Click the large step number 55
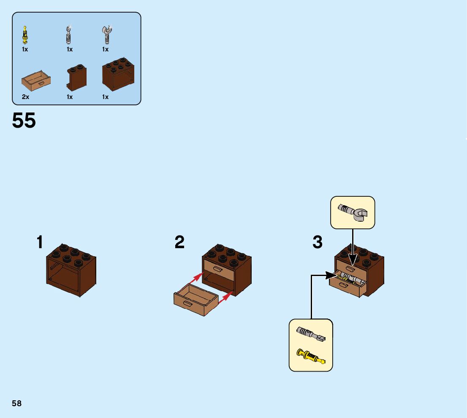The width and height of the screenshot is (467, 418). click(x=24, y=121)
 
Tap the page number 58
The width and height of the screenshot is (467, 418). click(x=17, y=403)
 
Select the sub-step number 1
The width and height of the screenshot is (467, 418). click(x=40, y=242)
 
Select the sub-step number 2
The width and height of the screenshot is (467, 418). click(x=179, y=242)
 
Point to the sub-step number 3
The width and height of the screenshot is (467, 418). click(x=318, y=242)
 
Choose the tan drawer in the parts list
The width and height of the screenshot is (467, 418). click(x=36, y=80)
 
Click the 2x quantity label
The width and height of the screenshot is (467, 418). click(x=25, y=97)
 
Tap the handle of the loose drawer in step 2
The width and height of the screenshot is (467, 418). click(x=187, y=303)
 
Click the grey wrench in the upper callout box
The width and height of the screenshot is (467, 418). click(x=353, y=212)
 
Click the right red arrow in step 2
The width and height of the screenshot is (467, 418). click(x=226, y=297)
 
